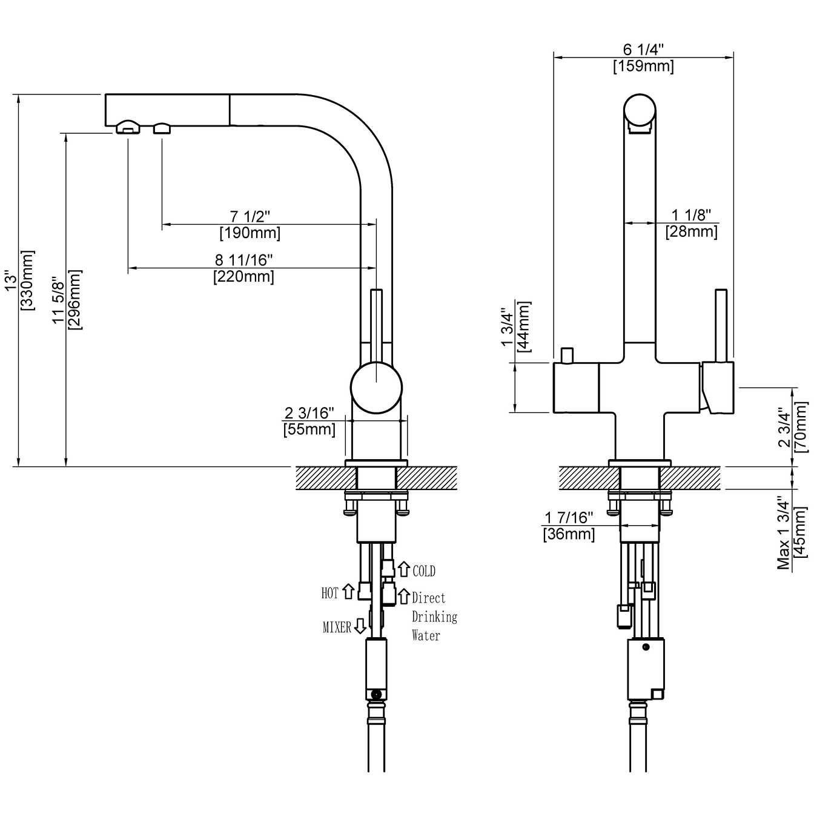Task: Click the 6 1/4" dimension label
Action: [x=643, y=49]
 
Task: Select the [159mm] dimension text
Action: [x=643, y=66]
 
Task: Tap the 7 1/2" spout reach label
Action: [x=250, y=216]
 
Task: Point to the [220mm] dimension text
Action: [x=243, y=277]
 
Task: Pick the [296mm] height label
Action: [x=75, y=299]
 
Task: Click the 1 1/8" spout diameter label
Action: [x=691, y=214]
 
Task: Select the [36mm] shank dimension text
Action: [x=569, y=534]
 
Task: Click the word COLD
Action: [x=424, y=571]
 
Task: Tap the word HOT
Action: [x=330, y=593]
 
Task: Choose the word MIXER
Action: [x=337, y=627]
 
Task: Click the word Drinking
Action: [x=435, y=617]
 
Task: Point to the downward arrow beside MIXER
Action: [x=360, y=626]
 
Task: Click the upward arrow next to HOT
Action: [x=348, y=591]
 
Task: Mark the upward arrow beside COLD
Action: [x=404, y=569]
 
